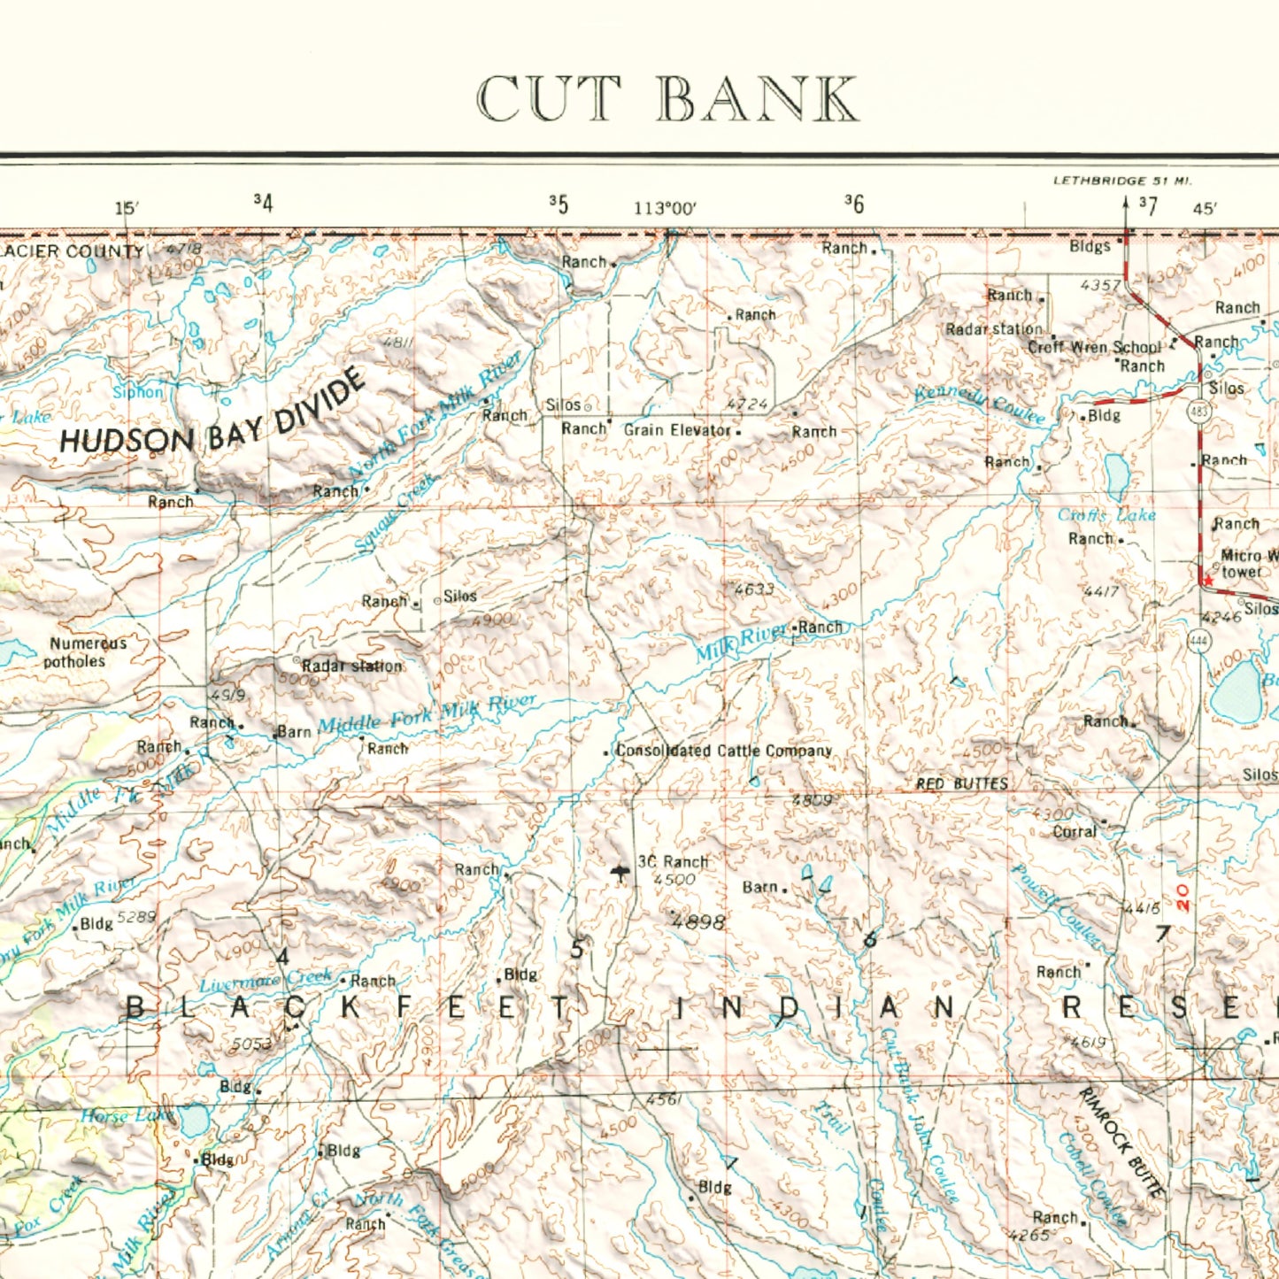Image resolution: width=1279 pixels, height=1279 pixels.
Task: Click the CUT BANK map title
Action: (667, 98)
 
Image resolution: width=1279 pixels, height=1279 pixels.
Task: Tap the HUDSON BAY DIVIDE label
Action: (212, 416)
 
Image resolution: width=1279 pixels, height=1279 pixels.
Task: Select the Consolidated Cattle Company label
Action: (723, 751)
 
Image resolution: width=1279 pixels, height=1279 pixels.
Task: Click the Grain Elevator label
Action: (677, 430)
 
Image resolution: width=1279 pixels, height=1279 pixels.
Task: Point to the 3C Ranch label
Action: (673, 861)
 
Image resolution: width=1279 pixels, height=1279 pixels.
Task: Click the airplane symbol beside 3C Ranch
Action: (620, 874)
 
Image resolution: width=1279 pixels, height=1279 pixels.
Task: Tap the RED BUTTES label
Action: (961, 783)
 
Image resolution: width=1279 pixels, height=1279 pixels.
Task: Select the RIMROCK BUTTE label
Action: (1121, 1143)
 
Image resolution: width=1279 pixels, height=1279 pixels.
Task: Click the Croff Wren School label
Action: (1094, 347)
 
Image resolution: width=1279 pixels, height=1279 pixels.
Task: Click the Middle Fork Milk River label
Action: (427, 714)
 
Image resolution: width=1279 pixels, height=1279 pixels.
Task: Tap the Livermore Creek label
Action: (266, 981)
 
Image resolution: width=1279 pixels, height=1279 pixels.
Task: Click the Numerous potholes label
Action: (87, 652)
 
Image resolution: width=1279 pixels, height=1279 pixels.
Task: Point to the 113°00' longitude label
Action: (665, 208)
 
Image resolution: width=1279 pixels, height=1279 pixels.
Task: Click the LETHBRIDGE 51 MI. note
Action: (1122, 181)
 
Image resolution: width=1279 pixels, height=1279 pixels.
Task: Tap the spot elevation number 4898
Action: (698, 921)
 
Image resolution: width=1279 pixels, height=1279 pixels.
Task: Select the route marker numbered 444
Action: (1198, 644)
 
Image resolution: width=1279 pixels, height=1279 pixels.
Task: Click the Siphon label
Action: (138, 392)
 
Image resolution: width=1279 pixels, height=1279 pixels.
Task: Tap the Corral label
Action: (1075, 831)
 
